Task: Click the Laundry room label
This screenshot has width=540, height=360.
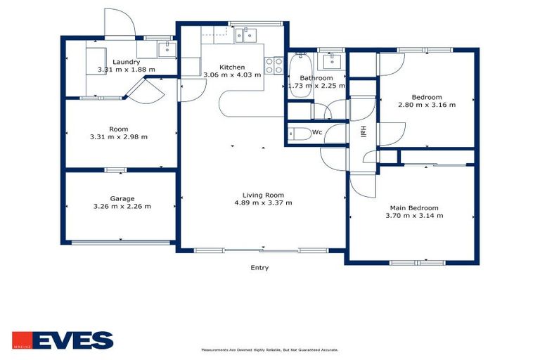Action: click(126, 62)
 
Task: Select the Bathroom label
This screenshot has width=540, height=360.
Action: click(316, 77)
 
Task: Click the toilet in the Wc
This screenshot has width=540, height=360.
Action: click(298, 134)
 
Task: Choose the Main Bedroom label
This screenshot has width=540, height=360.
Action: click(414, 208)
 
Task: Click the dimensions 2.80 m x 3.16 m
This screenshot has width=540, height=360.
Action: click(427, 105)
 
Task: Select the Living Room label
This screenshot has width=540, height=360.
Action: click(263, 195)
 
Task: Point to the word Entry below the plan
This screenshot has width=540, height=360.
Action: click(259, 267)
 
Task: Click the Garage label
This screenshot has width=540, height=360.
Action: click(122, 198)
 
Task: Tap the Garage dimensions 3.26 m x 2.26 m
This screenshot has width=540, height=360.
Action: click(122, 207)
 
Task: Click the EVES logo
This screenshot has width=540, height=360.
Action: click(63, 340)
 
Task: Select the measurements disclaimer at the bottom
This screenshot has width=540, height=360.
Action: click(270, 349)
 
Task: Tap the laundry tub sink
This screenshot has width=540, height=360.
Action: click(167, 49)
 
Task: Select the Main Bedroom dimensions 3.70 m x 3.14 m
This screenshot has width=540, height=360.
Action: click(414, 216)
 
